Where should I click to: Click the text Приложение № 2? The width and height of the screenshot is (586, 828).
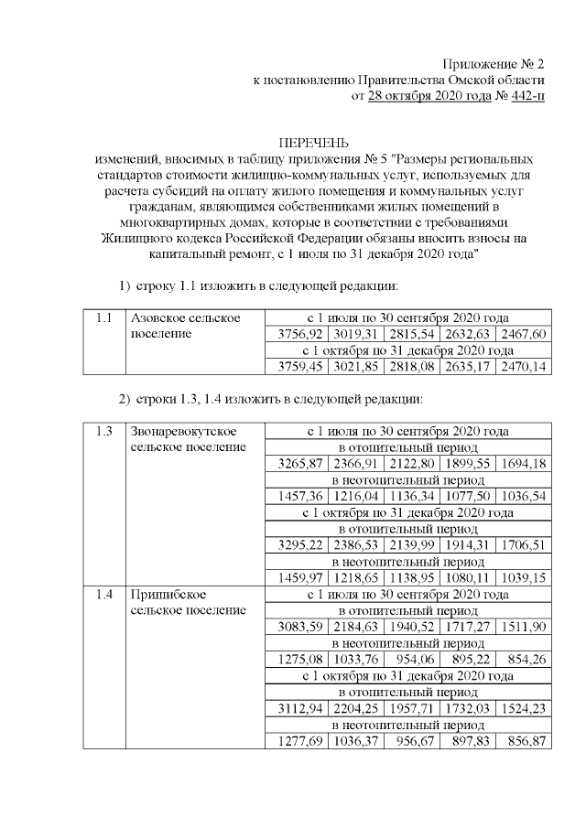[x=494, y=64]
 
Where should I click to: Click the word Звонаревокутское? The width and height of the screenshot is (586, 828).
[x=187, y=431]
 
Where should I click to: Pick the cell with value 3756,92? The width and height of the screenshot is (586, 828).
[x=294, y=334]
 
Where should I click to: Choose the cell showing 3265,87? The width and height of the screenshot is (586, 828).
[x=294, y=464]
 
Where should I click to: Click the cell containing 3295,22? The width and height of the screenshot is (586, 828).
[x=294, y=545]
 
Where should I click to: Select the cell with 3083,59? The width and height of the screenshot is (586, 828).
[x=294, y=628]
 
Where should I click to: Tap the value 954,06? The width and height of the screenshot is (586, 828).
[x=411, y=660]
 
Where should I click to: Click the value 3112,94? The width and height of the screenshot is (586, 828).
[x=294, y=709]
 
